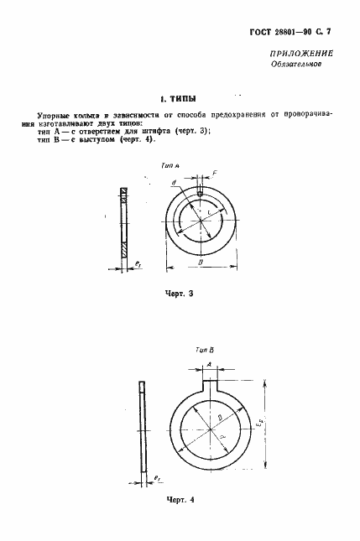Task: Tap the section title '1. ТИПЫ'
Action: coord(179,97)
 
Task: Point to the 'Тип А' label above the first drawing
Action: coord(171,169)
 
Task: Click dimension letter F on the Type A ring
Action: coord(216,174)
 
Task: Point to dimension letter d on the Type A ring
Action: coord(172,182)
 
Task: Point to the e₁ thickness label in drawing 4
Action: coord(156,479)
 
